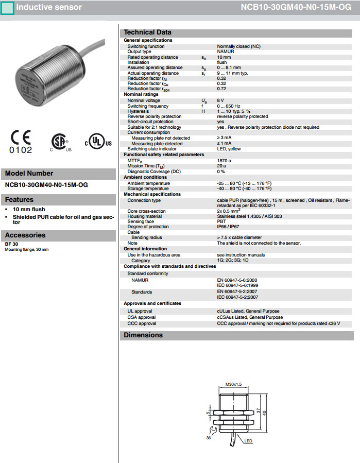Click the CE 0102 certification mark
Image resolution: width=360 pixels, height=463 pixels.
(21, 142)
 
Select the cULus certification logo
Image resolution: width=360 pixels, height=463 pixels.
(98, 143)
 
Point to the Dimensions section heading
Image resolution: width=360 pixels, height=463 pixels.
(143, 335)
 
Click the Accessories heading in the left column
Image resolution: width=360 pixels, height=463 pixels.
(25, 235)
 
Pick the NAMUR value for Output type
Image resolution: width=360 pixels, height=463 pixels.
(226, 52)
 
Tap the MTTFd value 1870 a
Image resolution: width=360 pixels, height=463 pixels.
(224, 160)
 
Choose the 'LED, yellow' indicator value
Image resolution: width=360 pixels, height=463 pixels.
(229, 149)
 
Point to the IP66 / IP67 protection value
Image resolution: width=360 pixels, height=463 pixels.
(230, 227)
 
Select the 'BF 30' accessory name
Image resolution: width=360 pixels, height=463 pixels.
(11, 244)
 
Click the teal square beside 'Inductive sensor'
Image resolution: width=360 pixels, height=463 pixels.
(7, 7)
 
